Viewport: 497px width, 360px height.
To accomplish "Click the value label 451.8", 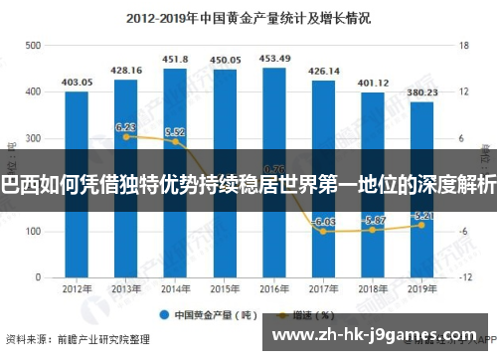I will coord(175,58).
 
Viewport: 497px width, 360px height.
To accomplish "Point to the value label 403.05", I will coord(77,82).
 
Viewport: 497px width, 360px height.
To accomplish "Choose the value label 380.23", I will coord(421,91).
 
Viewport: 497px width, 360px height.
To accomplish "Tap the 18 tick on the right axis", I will coord(462,46).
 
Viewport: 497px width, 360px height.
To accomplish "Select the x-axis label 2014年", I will coord(175,289).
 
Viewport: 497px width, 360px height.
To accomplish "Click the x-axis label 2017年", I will coord(323,289).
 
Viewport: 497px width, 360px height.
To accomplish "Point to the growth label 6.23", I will coord(126,127).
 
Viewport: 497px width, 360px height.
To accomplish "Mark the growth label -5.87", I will coord(373,220).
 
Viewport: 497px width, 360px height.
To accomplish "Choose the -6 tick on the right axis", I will coord(462,231).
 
